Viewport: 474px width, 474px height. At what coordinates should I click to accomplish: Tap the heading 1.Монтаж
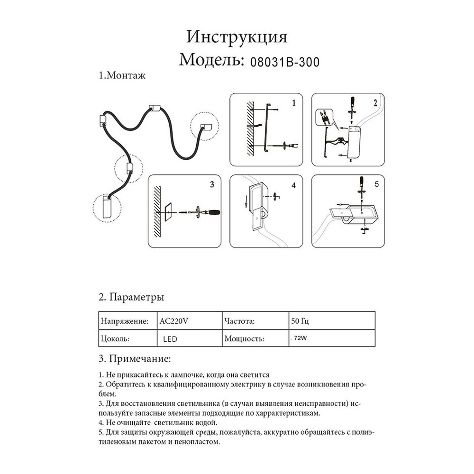point(121,76)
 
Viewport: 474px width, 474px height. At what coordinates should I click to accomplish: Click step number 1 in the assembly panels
point(294,102)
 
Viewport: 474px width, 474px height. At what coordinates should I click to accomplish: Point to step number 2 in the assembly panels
point(375,102)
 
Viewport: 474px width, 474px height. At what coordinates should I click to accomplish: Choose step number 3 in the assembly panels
point(212,183)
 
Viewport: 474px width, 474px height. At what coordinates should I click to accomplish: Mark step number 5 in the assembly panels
point(376,184)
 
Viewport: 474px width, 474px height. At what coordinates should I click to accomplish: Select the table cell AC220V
point(173,321)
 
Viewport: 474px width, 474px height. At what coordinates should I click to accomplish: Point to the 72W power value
point(300,339)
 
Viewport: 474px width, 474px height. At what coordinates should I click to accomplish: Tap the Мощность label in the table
point(243,339)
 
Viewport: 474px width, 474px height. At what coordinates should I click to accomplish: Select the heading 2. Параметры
point(131,298)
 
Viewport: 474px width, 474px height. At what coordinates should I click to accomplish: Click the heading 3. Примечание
point(135,356)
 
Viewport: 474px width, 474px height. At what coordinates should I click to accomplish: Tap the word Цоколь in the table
point(116,339)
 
